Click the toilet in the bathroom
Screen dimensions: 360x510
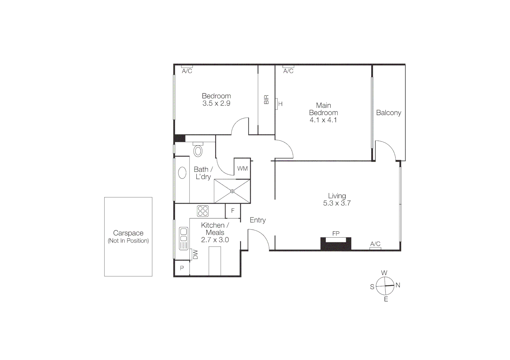[x=198, y=150]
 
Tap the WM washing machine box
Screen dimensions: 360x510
[x=242, y=169]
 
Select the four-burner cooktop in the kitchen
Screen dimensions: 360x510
[x=203, y=211]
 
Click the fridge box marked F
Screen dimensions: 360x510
[x=233, y=211]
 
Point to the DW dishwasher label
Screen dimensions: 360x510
[x=195, y=254]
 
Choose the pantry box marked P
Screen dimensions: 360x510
[x=182, y=268]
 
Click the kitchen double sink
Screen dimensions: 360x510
[x=183, y=238]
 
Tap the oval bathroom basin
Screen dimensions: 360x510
[x=182, y=173]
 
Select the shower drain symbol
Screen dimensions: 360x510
[x=232, y=191]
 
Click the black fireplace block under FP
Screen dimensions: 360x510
[x=336, y=244]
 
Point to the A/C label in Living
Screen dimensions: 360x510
[x=375, y=244]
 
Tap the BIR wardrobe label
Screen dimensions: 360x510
[x=267, y=100]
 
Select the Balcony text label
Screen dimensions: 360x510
[x=389, y=113]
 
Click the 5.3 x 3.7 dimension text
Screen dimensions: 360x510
[x=337, y=203]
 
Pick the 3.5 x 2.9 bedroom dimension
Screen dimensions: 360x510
[x=216, y=103]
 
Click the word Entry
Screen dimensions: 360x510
[x=258, y=220]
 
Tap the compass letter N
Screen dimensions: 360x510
[x=398, y=285]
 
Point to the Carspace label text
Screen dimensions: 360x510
[x=128, y=233]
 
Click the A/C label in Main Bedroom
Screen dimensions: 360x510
[x=288, y=71]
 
